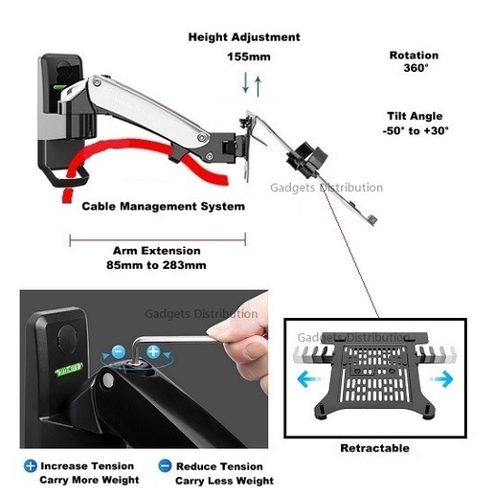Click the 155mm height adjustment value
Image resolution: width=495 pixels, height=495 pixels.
point(249,56)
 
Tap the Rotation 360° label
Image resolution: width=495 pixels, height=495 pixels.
point(414,61)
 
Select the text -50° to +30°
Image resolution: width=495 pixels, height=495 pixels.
point(416,130)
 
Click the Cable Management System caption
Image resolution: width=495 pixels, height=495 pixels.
point(164,206)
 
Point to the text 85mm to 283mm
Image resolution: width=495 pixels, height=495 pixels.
point(156,265)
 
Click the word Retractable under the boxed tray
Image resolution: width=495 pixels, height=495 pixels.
point(374,448)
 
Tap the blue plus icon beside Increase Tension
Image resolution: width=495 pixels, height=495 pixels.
point(31,466)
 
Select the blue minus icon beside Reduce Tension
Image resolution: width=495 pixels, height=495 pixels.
point(165,465)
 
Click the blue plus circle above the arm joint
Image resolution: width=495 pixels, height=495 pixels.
point(153,351)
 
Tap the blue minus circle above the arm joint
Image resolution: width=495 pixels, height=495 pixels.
point(119,351)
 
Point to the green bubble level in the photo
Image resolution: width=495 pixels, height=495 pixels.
point(68,369)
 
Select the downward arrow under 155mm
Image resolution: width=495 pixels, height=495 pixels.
point(245,82)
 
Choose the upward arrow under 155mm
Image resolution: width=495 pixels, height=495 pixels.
point(259,86)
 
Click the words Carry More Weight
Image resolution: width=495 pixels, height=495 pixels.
point(89,480)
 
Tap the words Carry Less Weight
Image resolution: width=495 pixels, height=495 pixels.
point(224,481)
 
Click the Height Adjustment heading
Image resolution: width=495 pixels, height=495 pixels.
point(244,37)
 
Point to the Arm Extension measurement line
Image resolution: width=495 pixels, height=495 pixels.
point(158,239)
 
